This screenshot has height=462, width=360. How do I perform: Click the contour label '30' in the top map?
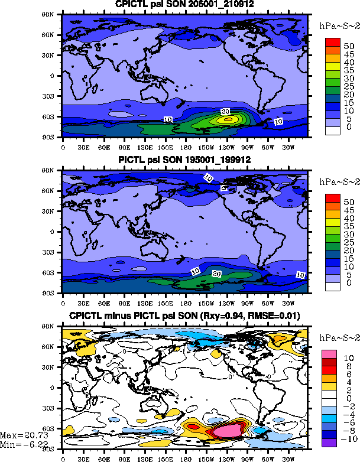(x=225, y=111)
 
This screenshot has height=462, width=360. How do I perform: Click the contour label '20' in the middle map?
(x=216, y=274)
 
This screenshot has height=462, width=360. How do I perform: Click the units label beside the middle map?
(x=334, y=181)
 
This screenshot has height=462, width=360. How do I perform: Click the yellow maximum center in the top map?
(x=225, y=119)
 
